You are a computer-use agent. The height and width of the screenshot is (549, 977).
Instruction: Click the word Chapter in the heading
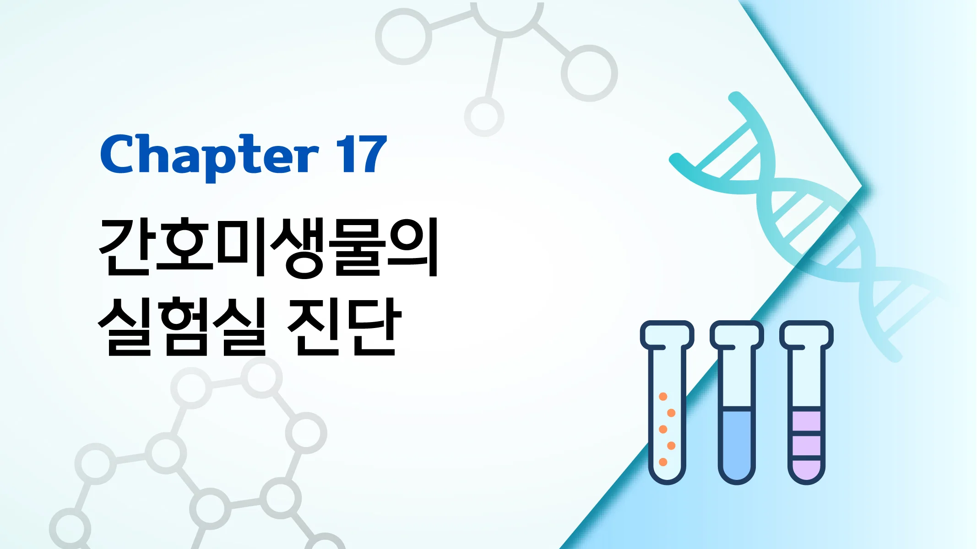[x=209, y=156]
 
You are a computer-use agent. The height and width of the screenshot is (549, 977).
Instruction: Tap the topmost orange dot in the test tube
[x=663, y=396]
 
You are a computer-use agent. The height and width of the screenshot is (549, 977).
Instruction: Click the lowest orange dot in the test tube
[x=663, y=462]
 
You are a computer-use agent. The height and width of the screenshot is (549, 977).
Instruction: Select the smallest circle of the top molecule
[x=484, y=116]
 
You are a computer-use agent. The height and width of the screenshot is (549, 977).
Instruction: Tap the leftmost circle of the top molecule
[x=403, y=37]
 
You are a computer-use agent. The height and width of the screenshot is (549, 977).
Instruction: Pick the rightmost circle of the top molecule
[x=589, y=73]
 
